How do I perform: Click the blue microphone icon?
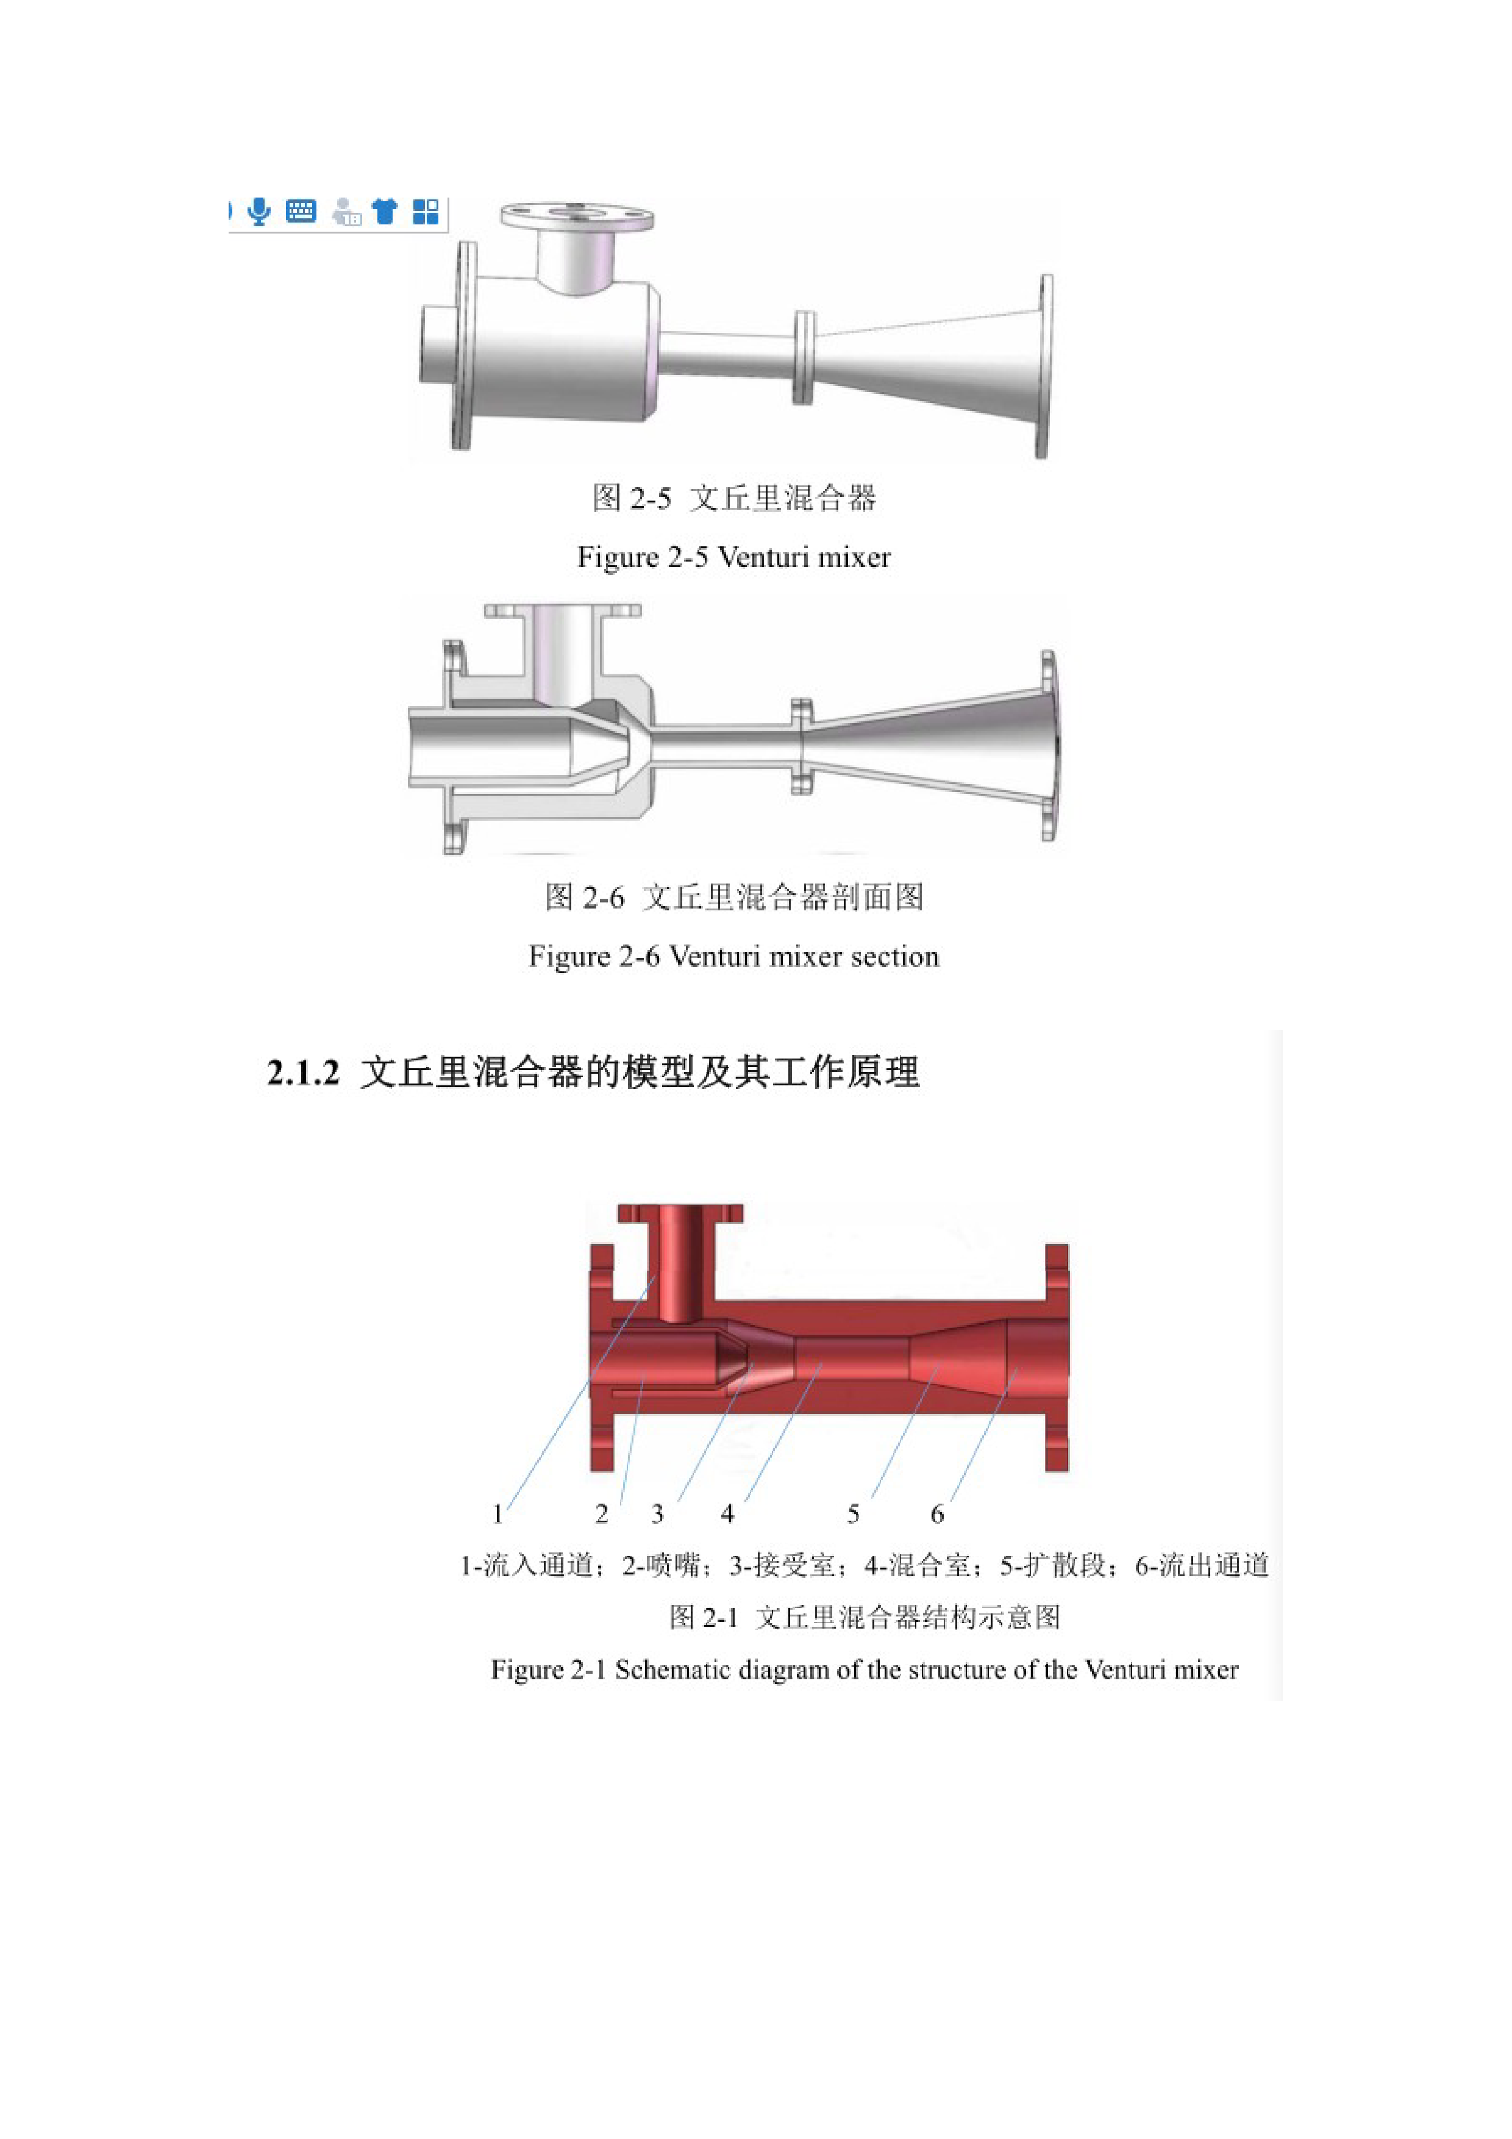pyautogui.click(x=260, y=212)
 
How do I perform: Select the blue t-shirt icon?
pyautogui.click(x=385, y=212)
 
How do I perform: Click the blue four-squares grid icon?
pyautogui.click(x=426, y=212)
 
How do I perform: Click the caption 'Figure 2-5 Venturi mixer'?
pyautogui.click(x=734, y=557)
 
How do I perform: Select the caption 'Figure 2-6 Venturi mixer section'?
pyautogui.click(x=734, y=957)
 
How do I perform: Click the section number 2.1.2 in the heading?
pyautogui.click(x=303, y=1073)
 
